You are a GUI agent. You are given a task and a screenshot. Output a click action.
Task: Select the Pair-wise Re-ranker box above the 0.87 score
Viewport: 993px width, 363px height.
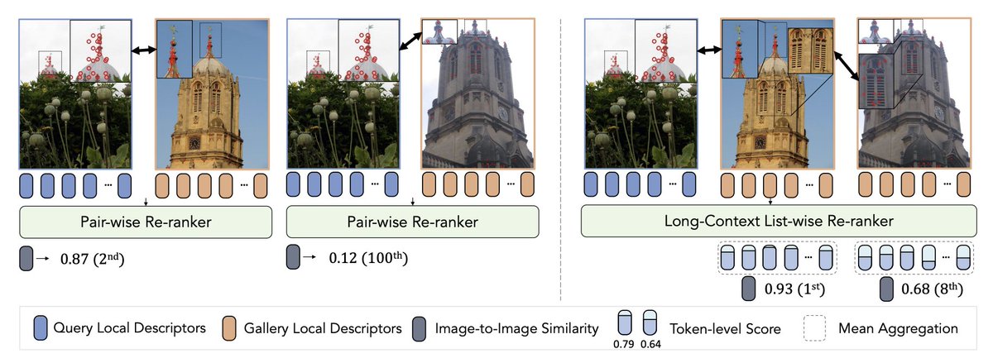point(145,222)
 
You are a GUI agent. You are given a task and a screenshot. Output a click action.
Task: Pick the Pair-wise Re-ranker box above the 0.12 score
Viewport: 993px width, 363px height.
point(412,222)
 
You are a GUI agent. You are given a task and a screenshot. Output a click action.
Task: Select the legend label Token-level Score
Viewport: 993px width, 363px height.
point(724,328)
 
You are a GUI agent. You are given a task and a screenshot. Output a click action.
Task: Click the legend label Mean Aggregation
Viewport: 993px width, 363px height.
point(899,328)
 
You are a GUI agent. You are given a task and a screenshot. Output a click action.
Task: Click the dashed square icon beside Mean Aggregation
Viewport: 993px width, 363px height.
point(817,328)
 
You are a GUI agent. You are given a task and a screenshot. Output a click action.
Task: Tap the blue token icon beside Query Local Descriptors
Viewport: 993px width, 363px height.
point(41,328)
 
